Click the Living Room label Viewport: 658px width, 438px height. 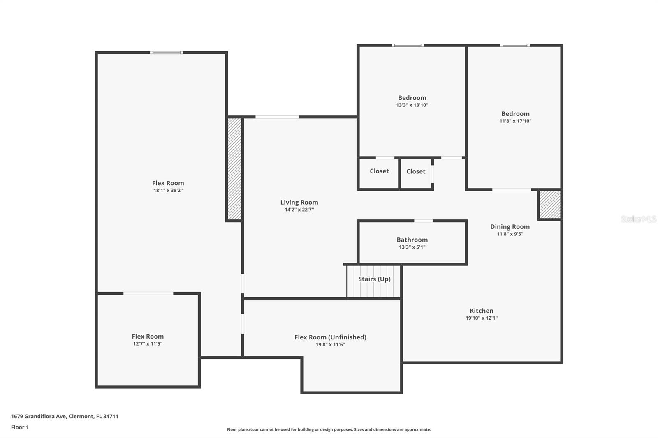point(299,202)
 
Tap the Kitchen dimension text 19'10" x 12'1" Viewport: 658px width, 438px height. point(482,318)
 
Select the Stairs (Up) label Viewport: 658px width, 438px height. point(374,279)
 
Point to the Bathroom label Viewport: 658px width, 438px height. point(412,240)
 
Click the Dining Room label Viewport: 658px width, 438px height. point(510,227)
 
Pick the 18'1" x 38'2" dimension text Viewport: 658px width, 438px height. point(168,190)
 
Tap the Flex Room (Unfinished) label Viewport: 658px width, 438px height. point(331,337)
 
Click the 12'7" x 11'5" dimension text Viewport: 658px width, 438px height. point(148,344)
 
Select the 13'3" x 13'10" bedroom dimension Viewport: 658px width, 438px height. point(412,105)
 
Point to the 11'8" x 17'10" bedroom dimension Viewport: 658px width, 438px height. point(516,121)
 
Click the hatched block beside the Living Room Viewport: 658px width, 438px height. point(235,169)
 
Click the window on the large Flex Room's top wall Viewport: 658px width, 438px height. point(167,53)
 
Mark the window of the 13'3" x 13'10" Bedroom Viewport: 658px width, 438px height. point(408,45)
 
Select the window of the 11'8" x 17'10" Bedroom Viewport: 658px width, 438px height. point(515,45)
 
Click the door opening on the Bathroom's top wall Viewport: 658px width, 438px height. point(423,221)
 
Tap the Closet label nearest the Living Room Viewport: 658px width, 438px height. point(379,171)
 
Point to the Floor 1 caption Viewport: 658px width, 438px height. point(20,427)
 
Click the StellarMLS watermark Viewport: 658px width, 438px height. point(639,219)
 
